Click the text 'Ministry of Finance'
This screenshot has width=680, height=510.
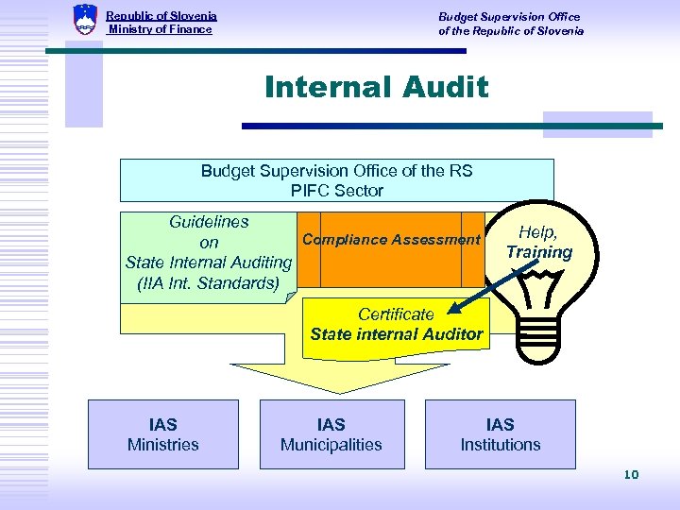coord(160,29)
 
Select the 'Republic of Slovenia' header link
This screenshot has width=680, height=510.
coord(161,16)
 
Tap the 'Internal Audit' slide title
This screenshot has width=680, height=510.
coord(377,88)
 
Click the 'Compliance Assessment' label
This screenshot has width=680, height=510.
coord(391,240)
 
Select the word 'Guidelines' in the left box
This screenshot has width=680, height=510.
coord(209,222)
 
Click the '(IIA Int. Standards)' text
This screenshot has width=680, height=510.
coord(208,282)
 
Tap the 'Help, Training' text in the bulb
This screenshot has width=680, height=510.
coord(538,243)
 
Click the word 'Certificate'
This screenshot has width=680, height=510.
coord(396,314)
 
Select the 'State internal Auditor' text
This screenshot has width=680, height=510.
coord(396,333)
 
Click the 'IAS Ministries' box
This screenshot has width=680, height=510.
coord(163,434)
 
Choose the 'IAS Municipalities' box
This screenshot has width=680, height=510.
coord(331,434)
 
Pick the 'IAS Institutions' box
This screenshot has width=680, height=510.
coord(500,434)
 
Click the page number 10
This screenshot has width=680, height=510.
coord(631,474)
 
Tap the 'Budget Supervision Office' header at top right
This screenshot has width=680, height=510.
coord(509,16)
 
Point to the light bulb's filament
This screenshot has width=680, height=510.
coord(538,281)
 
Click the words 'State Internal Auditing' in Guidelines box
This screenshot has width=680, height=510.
coord(209,263)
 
